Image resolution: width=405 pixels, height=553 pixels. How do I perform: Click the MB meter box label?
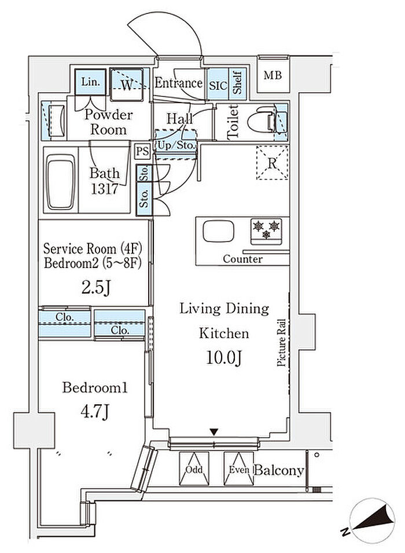273,75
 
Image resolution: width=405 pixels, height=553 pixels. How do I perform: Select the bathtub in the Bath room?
61,181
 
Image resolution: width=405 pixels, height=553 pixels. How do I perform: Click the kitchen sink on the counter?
218,232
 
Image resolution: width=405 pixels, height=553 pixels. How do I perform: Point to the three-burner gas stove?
266,231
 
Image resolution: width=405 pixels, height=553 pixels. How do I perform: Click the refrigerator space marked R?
272,163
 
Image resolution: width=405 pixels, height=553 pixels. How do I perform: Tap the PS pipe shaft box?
143,151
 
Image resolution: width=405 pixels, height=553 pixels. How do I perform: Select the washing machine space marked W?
127,85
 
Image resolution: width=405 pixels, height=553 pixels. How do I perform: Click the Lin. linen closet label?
91,82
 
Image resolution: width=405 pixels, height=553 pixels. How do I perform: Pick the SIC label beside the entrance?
218,86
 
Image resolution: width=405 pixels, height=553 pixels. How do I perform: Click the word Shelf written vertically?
237,83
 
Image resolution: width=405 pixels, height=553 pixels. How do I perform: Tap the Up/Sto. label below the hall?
175,145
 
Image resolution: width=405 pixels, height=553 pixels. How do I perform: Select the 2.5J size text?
96,288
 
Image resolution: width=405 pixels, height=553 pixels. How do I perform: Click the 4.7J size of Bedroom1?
94,411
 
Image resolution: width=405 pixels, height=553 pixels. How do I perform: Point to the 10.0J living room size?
224,358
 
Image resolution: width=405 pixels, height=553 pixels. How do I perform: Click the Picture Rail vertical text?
281,342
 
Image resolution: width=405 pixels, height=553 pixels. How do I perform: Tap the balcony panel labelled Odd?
194,468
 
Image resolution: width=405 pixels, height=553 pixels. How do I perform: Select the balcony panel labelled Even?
239,468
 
